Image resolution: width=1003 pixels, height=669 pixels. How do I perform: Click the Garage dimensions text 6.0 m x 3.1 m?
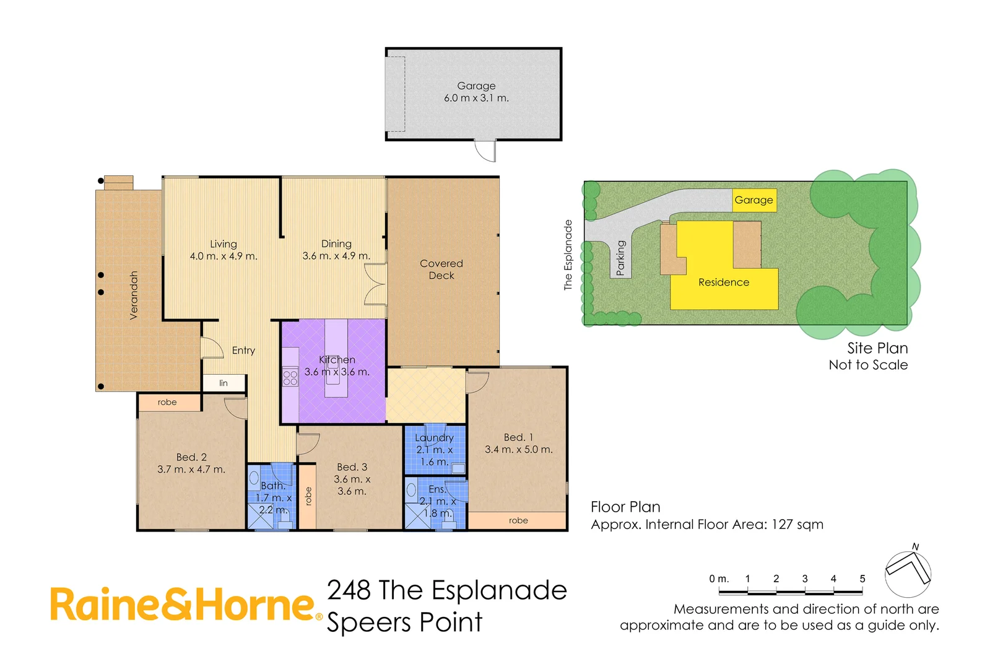[x=476, y=98]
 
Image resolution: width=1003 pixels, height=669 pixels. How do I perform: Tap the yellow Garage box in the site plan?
[x=753, y=200]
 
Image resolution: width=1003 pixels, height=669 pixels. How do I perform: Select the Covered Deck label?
[x=441, y=269]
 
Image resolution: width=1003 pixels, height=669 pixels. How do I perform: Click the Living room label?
[x=224, y=244]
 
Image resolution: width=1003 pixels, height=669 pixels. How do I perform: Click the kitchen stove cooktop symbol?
[x=290, y=377]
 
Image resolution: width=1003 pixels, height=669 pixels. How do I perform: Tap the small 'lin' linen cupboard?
[x=224, y=383]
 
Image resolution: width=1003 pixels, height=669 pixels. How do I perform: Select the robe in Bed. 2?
[x=168, y=403]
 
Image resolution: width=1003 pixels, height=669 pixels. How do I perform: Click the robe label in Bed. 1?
[x=518, y=520]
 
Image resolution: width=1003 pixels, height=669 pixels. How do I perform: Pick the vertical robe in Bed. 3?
[x=308, y=496]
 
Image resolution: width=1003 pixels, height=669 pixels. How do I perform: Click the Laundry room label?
[x=434, y=438]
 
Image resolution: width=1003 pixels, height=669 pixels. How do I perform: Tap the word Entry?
[x=243, y=351]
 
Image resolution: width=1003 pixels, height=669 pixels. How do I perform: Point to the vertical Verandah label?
[x=134, y=295]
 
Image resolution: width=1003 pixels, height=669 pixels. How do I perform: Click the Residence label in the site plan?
[x=723, y=282]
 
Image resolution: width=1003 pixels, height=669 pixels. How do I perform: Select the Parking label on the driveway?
[x=621, y=258]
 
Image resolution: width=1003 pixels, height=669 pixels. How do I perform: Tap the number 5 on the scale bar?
[x=862, y=579]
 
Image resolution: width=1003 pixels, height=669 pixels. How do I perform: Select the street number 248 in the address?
[x=349, y=590]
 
